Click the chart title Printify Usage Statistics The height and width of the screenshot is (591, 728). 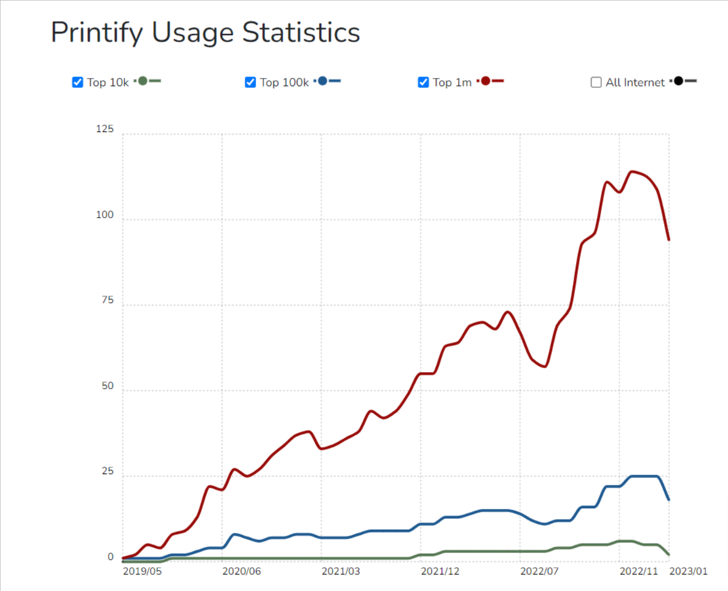click(x=205, y=33)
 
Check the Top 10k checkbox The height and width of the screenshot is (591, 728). click(x=78, y=82)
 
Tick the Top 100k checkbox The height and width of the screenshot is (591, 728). click(x=250, y=82)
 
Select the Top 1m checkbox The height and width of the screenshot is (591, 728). click(x=424, y=82)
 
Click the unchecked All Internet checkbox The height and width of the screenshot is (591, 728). click(x=596, y=82)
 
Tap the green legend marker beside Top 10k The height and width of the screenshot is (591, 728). click(x=143, y=81)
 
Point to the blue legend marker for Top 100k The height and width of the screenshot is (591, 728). click(x=323, y=81)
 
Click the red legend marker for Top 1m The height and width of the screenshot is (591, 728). click(x=486, y=81)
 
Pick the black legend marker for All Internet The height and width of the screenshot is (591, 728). click(x=679, y=81)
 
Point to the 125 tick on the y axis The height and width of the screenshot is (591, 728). click(x=106, y=130)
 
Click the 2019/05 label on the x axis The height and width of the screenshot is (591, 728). click(x=143, y=572)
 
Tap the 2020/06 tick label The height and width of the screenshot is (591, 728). click(x=242, y=572)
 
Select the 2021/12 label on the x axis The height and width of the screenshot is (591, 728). click(x=440, y=572)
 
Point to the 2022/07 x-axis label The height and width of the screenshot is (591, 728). click(x=540, y=572)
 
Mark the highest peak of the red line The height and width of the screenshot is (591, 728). click(x=632, y=172)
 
